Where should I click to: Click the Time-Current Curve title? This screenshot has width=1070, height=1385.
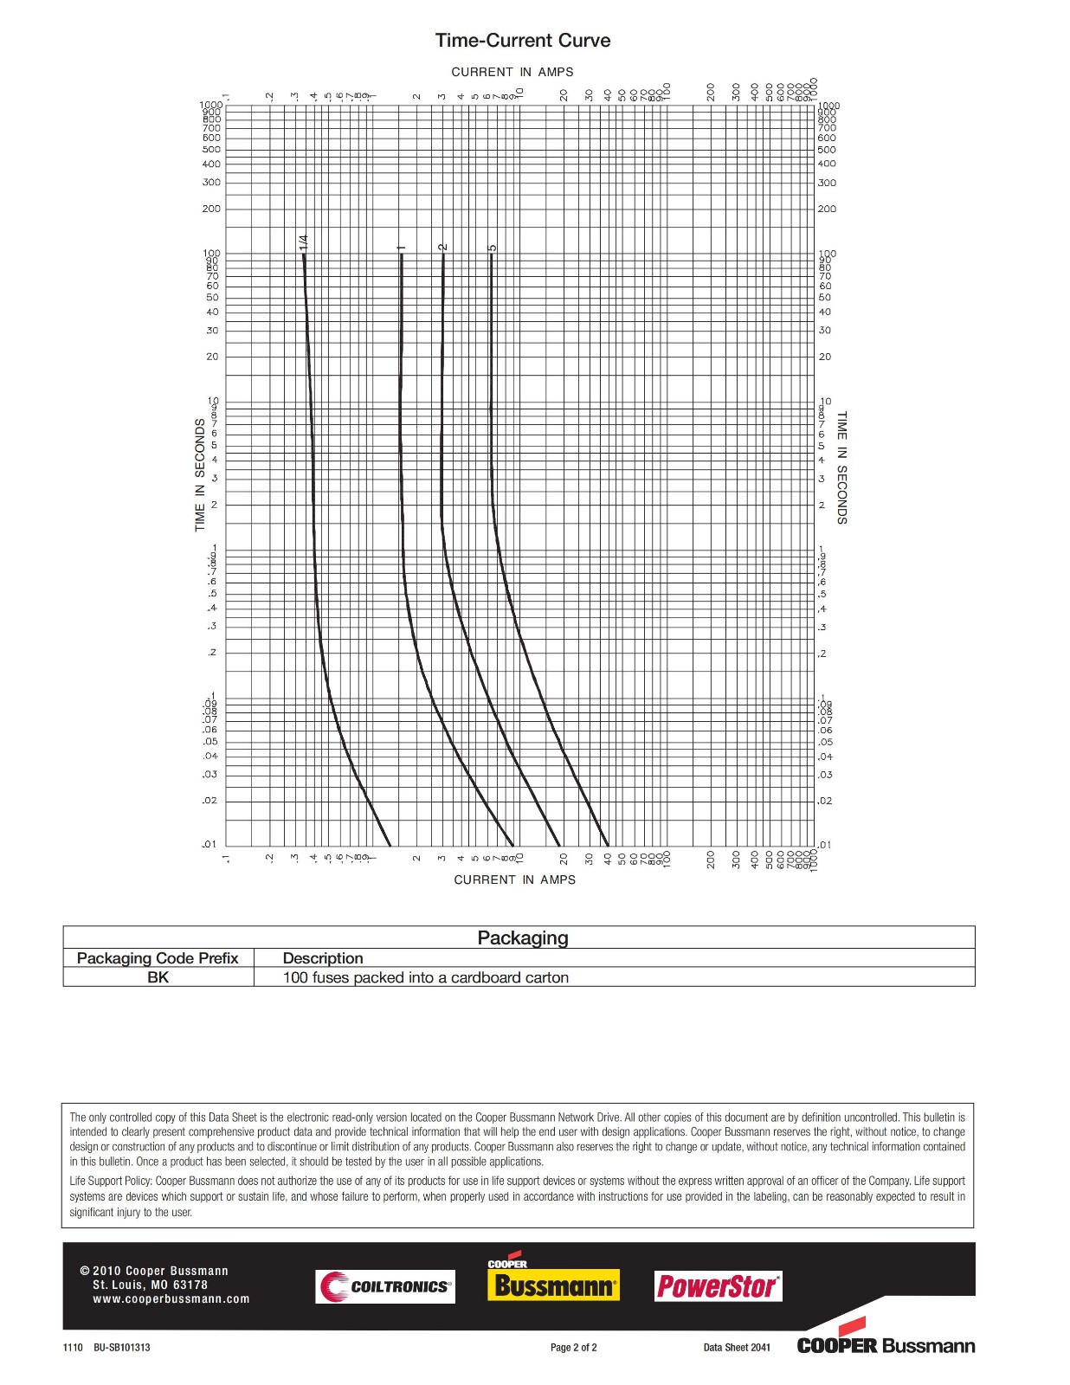[x=522, y=41]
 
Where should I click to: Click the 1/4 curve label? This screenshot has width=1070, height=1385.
[x=303, y=242]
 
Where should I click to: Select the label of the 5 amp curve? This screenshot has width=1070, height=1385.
[x=492, y=248]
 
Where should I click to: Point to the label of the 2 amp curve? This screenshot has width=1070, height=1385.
[x=442, y=247]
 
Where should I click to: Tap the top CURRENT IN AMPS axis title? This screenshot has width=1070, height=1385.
[x=512, y=72]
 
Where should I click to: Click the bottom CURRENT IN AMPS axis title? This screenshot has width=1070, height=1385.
[x=514, y=879]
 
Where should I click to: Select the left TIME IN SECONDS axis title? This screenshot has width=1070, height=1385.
[x=200, y=475]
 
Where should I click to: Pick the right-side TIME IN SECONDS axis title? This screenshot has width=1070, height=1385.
[x=841, y=467]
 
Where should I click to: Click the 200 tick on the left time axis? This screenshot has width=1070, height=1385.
[x=211, y=209]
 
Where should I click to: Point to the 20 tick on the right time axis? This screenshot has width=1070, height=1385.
[x=825, y=357]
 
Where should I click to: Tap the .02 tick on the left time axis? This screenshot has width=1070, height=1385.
[x=209, y=801]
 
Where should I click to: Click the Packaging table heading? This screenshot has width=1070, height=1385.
[x=523, y=938]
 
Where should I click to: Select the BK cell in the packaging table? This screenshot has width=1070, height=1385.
[x=158, y=977]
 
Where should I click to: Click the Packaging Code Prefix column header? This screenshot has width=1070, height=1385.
[x=158, y=958]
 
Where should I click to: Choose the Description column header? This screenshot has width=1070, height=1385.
[x=323, y=958]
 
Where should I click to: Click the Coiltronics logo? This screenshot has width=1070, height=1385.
[x=385, y=1286]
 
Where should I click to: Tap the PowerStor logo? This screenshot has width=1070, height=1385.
[x=718, y=1286]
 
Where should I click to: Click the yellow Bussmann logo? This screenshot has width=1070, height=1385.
[x=554, y=1285]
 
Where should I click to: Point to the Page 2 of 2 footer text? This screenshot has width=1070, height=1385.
[x=574, y=1348]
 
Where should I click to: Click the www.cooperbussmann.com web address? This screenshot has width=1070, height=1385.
[x=171, y=1298]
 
